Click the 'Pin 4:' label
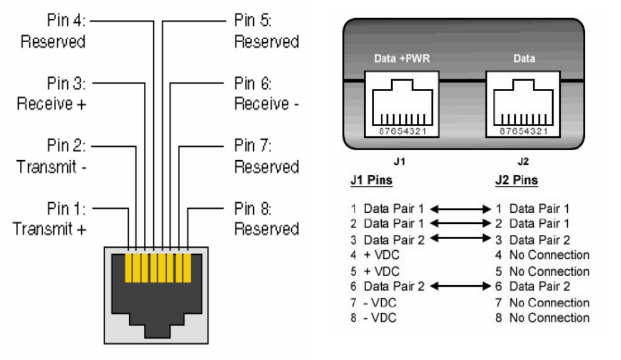coord(67,21)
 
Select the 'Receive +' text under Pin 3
coord(51,105)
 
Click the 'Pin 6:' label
coord(253,84)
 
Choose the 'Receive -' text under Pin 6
coord(267,105)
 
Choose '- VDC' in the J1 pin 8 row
coord(380,318)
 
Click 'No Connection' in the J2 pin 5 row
coord(549,271)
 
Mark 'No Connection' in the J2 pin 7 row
coord(549,303)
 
